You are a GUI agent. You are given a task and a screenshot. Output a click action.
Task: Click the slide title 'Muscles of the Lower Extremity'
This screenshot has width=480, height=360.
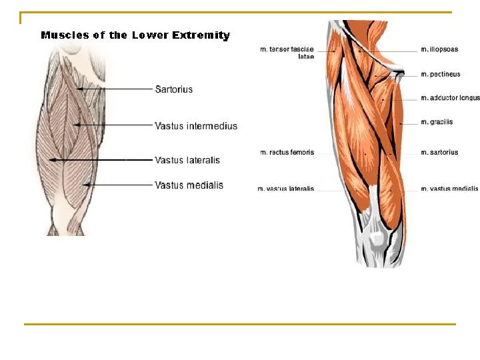135,35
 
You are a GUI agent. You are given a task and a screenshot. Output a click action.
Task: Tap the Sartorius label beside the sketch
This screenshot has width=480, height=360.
174,89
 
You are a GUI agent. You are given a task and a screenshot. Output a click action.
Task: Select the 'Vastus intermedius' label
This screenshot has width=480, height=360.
196,126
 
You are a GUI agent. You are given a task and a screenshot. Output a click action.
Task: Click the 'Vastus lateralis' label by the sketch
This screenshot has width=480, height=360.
187,160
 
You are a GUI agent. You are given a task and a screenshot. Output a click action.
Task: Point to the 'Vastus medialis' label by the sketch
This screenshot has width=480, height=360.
189,185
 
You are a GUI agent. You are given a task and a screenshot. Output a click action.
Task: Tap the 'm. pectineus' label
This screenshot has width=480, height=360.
441,74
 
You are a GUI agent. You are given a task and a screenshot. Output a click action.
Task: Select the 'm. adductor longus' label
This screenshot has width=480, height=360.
450,98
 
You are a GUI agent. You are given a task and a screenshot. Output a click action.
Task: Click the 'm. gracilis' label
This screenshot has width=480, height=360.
437,122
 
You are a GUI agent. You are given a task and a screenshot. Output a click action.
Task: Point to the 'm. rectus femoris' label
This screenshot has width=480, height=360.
287,153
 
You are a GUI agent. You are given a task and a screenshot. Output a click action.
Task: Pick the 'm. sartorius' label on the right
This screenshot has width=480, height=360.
439,153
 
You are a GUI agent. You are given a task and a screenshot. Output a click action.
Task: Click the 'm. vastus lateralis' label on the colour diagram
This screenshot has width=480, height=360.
285,189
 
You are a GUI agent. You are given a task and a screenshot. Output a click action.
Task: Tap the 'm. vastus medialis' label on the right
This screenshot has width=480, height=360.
449,189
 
